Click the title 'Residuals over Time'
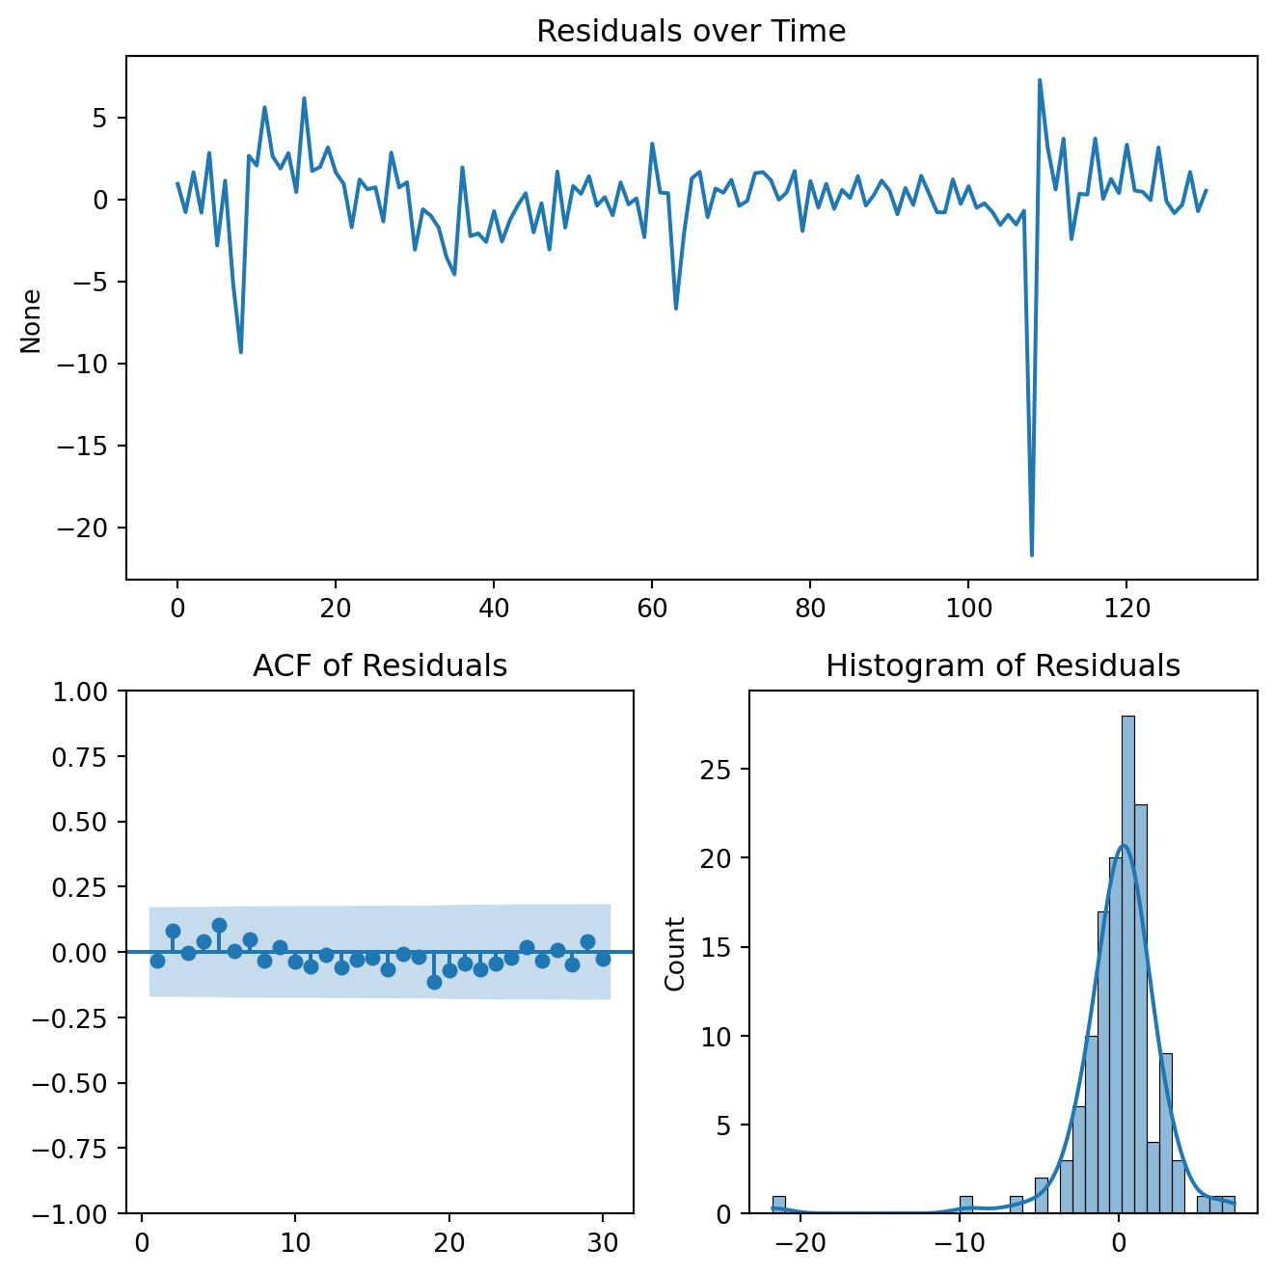click(x=691, y=32)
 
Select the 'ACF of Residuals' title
click(x=380, y=666)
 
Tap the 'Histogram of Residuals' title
click(x=1003, y=666)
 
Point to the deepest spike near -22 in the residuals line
click(x=1031, y=555)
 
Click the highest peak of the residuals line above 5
click(x=1040, y=81)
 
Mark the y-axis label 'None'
click(x=32, y=321)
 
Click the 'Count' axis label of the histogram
click(x=675, y=954)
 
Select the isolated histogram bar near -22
click(x=778, y=1205)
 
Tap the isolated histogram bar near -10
click(x=965, y=1205)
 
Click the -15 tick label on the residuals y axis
click(x=90, y=447)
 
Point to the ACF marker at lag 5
click(x=219, y=926)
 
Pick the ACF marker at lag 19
click(x=434, y=982)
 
